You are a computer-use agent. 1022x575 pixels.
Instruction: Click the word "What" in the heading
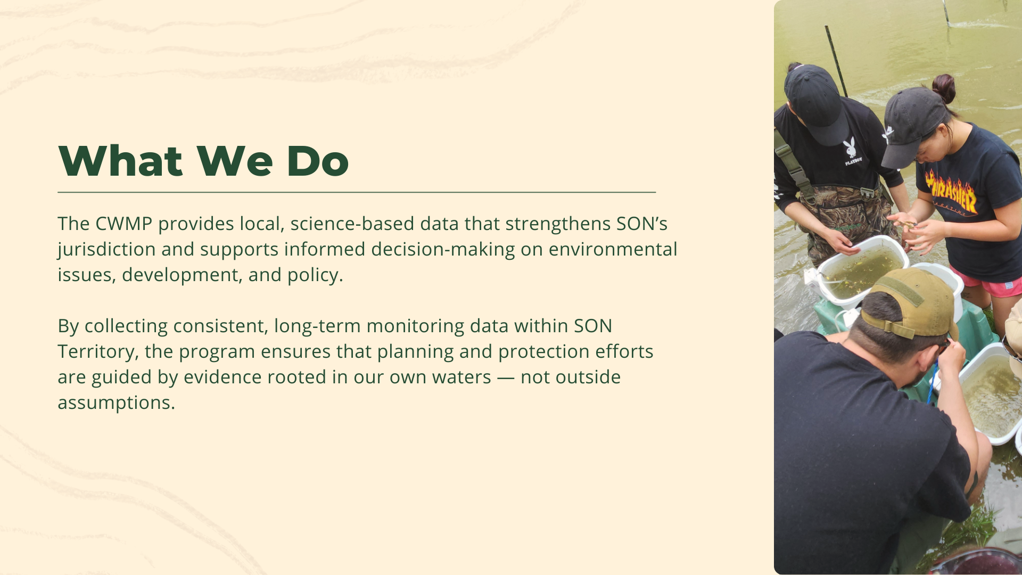(x=120, y=161)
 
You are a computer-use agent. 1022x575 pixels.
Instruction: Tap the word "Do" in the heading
(x=317, y=161)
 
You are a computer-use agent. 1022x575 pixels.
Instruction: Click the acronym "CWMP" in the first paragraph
(x=123, y=224)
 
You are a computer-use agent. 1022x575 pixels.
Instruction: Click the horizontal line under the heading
(x=357, y=192)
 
